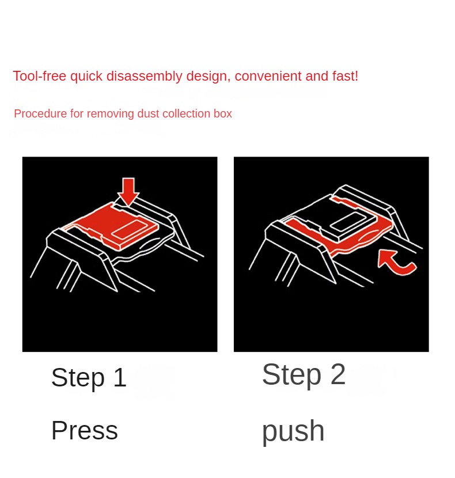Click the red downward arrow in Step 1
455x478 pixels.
(128, 191)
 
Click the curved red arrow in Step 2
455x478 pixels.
(396, 263)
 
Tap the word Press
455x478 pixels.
(85, 430)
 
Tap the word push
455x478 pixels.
(293, 431)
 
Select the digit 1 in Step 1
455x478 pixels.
(120, 377)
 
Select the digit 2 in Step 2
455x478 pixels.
(338, 374)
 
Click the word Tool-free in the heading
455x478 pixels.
(39, 76)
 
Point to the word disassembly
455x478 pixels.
(144, 76)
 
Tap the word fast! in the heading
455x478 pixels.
(345, 76)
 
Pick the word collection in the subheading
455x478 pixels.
(187, 113)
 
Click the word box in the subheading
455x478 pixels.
(223, 113)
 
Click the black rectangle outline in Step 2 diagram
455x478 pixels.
(347, 222)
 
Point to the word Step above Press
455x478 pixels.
(78, 378)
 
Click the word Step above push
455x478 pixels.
(291, 375)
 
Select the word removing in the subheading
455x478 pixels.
(111, 113)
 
